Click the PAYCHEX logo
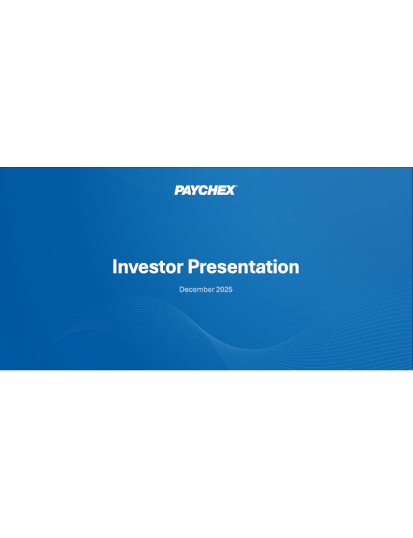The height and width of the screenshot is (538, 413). (205, 190)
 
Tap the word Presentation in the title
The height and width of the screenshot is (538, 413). (244, 267)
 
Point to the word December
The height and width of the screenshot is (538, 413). (196, 290)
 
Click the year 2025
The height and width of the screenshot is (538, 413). (224, 290)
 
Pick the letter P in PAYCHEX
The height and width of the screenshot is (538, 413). (179, 190)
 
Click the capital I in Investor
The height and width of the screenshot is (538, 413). (114, 267)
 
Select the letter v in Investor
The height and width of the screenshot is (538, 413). (134, 268)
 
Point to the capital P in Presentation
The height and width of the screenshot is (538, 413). (194, 267)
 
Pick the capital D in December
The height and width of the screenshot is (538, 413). (182, 290)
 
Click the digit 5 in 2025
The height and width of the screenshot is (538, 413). (231, 290)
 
